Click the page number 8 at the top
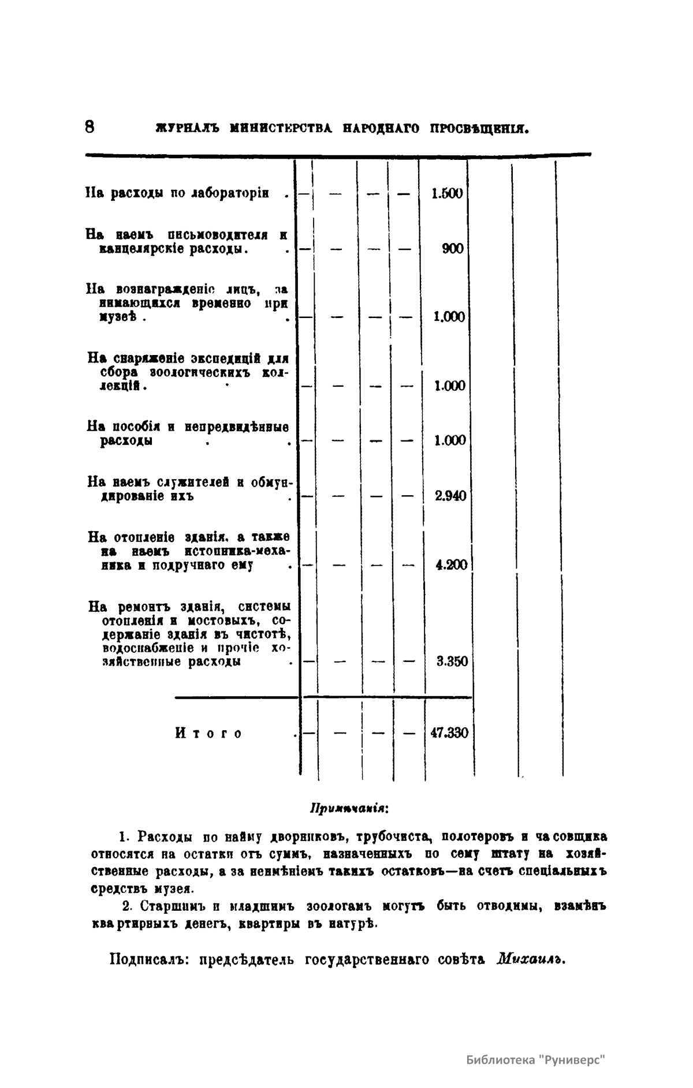[x=90, y=127]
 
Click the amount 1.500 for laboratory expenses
[x=447, y=193]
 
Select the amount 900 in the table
[x=453, y=249]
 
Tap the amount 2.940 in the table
[x=450, y=496]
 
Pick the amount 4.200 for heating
[x=451, y=565]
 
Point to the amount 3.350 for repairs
[x=452, y=661]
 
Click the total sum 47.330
[x=449, y=733]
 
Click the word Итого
[x=208, y=734]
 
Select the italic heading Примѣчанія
[x=349, y=806]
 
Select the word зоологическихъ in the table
[x=199, y=372]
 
